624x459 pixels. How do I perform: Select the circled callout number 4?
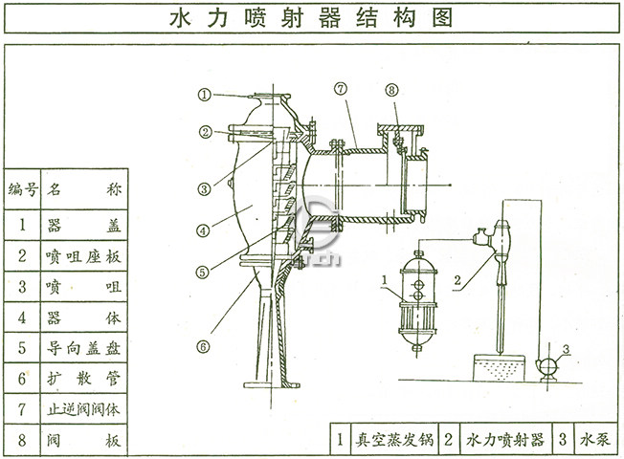coord(204,230)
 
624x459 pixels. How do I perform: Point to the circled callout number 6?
coord(204,319)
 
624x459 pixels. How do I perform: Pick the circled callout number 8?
coord(392,90)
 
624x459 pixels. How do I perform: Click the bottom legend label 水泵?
coord(596,440)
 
